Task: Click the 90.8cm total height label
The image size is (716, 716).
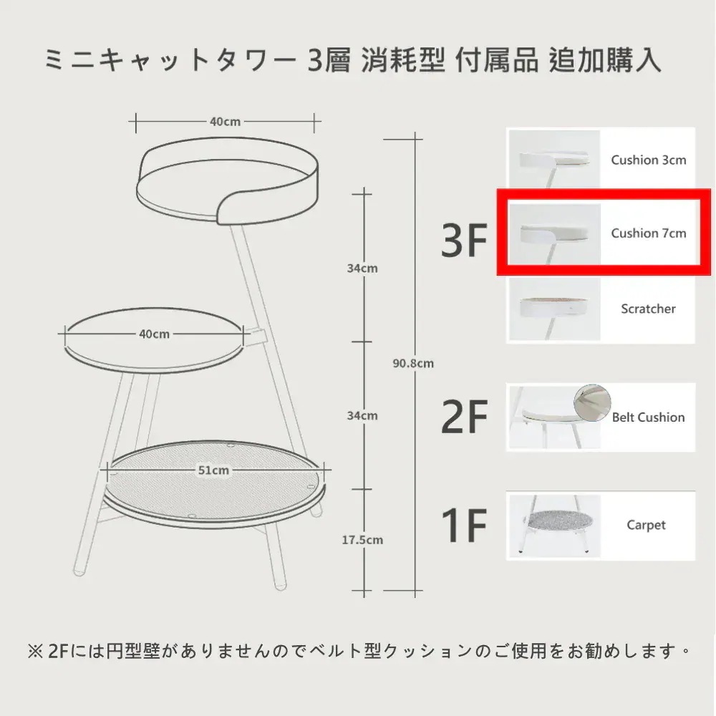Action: (x=413, y=364)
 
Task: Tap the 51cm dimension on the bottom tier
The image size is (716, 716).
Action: (x=213, y=470)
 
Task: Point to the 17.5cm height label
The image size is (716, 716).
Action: (x=362, y=540)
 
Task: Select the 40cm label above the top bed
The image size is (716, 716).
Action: (x=225, y=122)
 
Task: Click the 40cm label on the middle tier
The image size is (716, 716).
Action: (x=155, y=334)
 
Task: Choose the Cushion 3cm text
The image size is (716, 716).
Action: (x=649, y=160)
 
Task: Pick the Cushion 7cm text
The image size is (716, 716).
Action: (x=649, y=233)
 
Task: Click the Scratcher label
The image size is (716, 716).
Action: (x=648, y=309)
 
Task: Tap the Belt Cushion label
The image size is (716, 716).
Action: (x=649, y=417)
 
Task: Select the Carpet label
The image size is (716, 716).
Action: (x=646, y=525)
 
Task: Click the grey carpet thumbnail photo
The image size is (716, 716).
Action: (x=554, y=526)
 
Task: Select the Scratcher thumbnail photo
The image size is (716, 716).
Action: (x=554, y=309)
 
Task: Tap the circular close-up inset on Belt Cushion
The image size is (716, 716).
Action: (x=592, y=402)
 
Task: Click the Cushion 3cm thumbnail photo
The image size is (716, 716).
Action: (x=554, y=159)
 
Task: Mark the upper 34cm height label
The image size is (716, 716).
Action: (x=362, y=268)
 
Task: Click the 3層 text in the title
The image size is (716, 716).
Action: (x=329, y=61)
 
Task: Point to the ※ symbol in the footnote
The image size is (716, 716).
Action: (x=35, y=652)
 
